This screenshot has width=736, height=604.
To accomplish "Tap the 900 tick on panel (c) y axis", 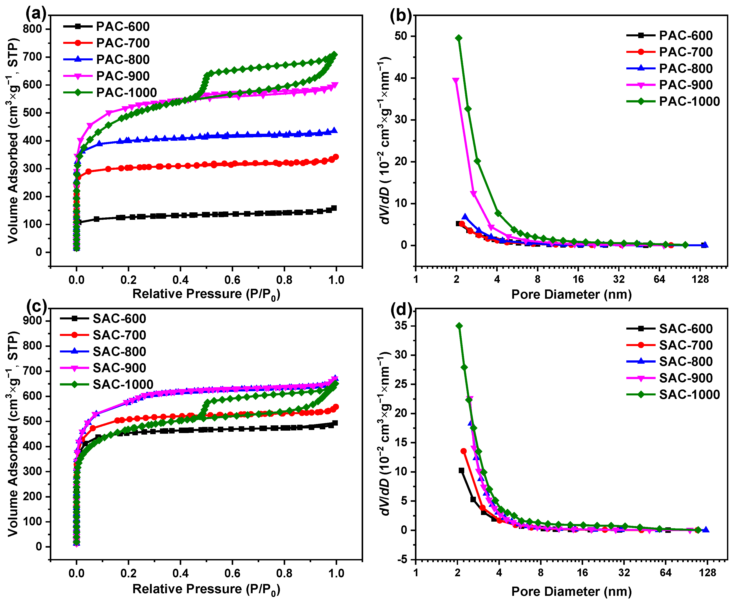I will pos(32,321).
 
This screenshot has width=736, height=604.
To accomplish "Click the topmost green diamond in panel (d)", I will pos(459,326).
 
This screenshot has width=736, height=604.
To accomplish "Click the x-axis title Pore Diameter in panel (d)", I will pos(571,591).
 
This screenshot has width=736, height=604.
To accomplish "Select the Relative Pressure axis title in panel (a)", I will pos(206,294).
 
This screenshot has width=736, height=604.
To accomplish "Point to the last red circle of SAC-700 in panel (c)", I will pos(336,407).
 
